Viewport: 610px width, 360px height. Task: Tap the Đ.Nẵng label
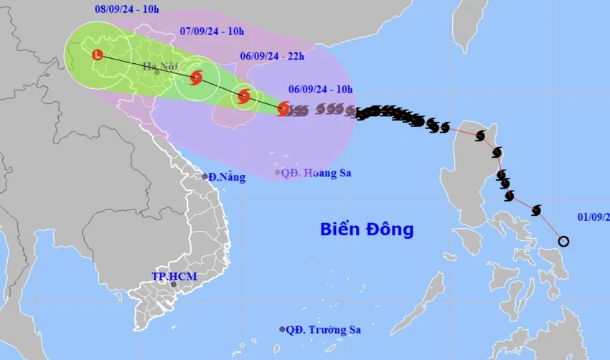tap(227, 177)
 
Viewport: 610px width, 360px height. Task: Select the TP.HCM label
tap(174, 276)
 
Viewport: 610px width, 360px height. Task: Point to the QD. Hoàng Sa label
tap(316, 173)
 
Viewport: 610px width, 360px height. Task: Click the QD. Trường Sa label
tap(323, 330)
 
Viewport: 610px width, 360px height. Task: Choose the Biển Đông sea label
tap(367, 229)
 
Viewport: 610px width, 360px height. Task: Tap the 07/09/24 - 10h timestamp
tap(211, 31)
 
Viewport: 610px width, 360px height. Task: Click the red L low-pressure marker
tap(98, 55)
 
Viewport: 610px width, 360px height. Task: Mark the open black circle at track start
tap(563, 241)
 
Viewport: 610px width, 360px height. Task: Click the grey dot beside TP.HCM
tap(173, 285)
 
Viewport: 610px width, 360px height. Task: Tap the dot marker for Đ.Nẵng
tap(205, 176)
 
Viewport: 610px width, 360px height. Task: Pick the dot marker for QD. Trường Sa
tap(282, 329)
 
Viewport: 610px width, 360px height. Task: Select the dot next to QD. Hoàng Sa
tap(278, 172)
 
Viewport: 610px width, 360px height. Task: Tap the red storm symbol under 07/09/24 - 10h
tap(195, 77)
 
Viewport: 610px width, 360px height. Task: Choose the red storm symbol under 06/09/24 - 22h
tap(244, 95)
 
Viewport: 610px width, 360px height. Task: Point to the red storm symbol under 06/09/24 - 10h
tap(283, 109)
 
